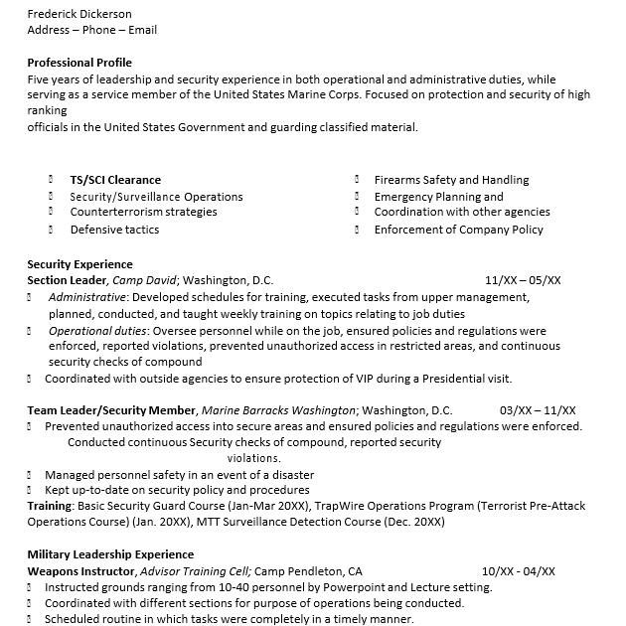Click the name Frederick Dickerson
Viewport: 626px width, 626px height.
[x=79, y=14]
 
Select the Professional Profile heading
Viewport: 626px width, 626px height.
[x=79, y=63]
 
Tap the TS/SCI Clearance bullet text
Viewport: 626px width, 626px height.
[x=115, y=180]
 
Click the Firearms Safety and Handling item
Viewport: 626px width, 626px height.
[x=451, y=180]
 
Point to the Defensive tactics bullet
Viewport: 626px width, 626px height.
[x=114, y=230]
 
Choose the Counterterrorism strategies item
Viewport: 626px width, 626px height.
[x=143, y=212]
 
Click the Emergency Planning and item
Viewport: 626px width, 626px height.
[x=439, y=197]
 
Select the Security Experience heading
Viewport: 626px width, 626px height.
[x=79, y=264]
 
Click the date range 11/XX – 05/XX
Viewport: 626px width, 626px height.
[x=523, y=280]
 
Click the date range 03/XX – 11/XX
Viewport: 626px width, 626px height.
[x=538, y=410]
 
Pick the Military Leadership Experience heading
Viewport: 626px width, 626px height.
[x=110, y=554]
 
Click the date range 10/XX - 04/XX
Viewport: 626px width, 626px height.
[x=519, y=571]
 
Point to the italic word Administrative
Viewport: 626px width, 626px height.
[x=87, y=297]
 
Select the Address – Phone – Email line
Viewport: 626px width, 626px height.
[x=92, y=30]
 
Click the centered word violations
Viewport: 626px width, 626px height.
[x=253, y=458]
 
